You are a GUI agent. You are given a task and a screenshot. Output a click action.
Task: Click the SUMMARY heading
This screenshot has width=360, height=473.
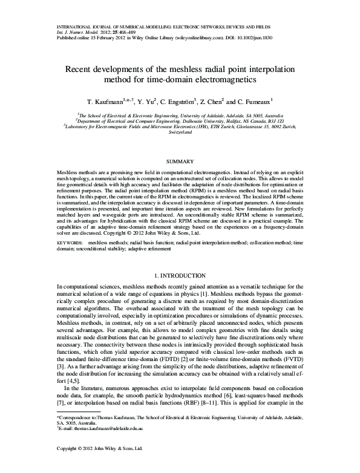[x=180, y=161]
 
